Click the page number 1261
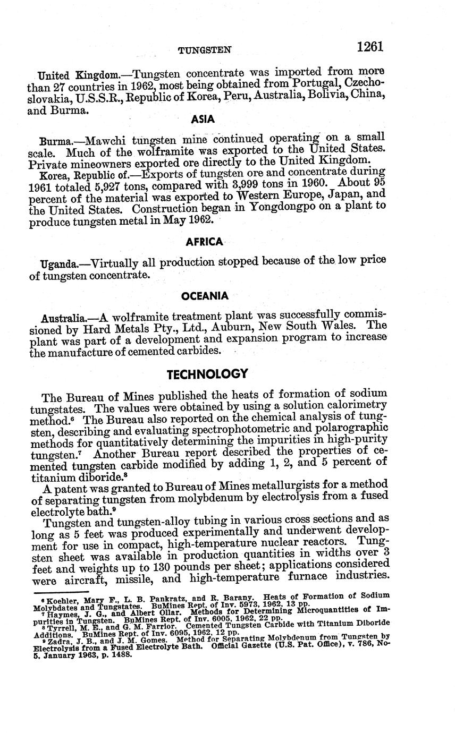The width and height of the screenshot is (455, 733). coord(370,47)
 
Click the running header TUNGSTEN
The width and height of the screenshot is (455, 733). coord(205,50)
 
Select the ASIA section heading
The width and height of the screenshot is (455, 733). coord(203,120)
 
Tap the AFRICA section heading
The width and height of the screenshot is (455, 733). coord(205,242)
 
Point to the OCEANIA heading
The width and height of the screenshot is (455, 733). coord(205,296)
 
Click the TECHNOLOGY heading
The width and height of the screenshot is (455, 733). coord(207,374)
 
